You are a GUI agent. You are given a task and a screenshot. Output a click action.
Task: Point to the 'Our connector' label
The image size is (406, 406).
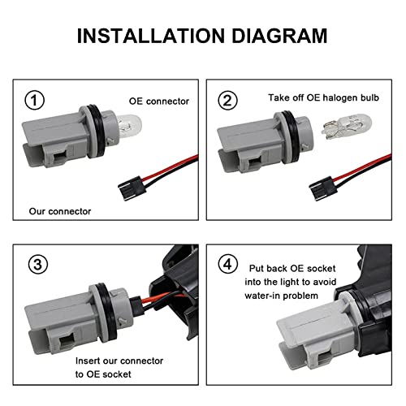pos(56,210)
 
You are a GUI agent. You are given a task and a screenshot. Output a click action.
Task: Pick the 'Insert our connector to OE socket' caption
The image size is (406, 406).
pos(119,366)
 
